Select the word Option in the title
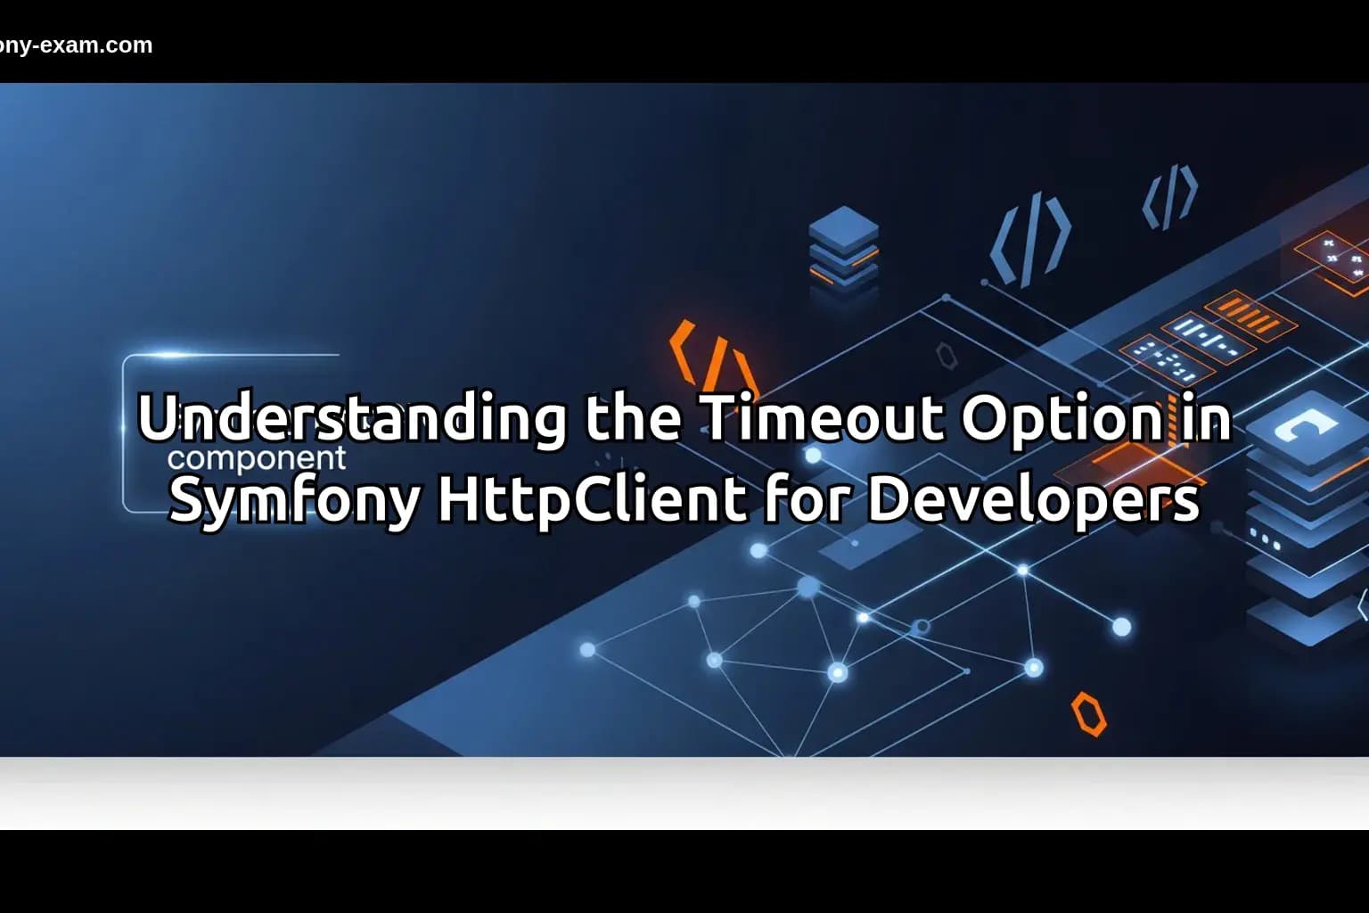pyautogui.click(x=1061, y=417)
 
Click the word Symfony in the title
pyautogui.click(x=293, y=501)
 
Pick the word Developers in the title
pyautogui.click(x=1033, y=501)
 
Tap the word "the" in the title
pyautogui.click(x=633, y=417)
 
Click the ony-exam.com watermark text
pyautogui.click(x=76, y=45)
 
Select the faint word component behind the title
pyautogui.click(x=257, y=458)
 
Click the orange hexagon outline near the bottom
pyautogui.click(x=1088, y=713)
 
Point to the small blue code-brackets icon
pyautogui.click(x=1170, y=196)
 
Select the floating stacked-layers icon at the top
pyautogui.click(x=843, y=246)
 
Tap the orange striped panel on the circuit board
pyautogui.click(x=1251, y=314)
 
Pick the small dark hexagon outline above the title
pyautogui.click(x=946, y=356)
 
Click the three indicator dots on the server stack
pyautogui.click(x=1266, y=539)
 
